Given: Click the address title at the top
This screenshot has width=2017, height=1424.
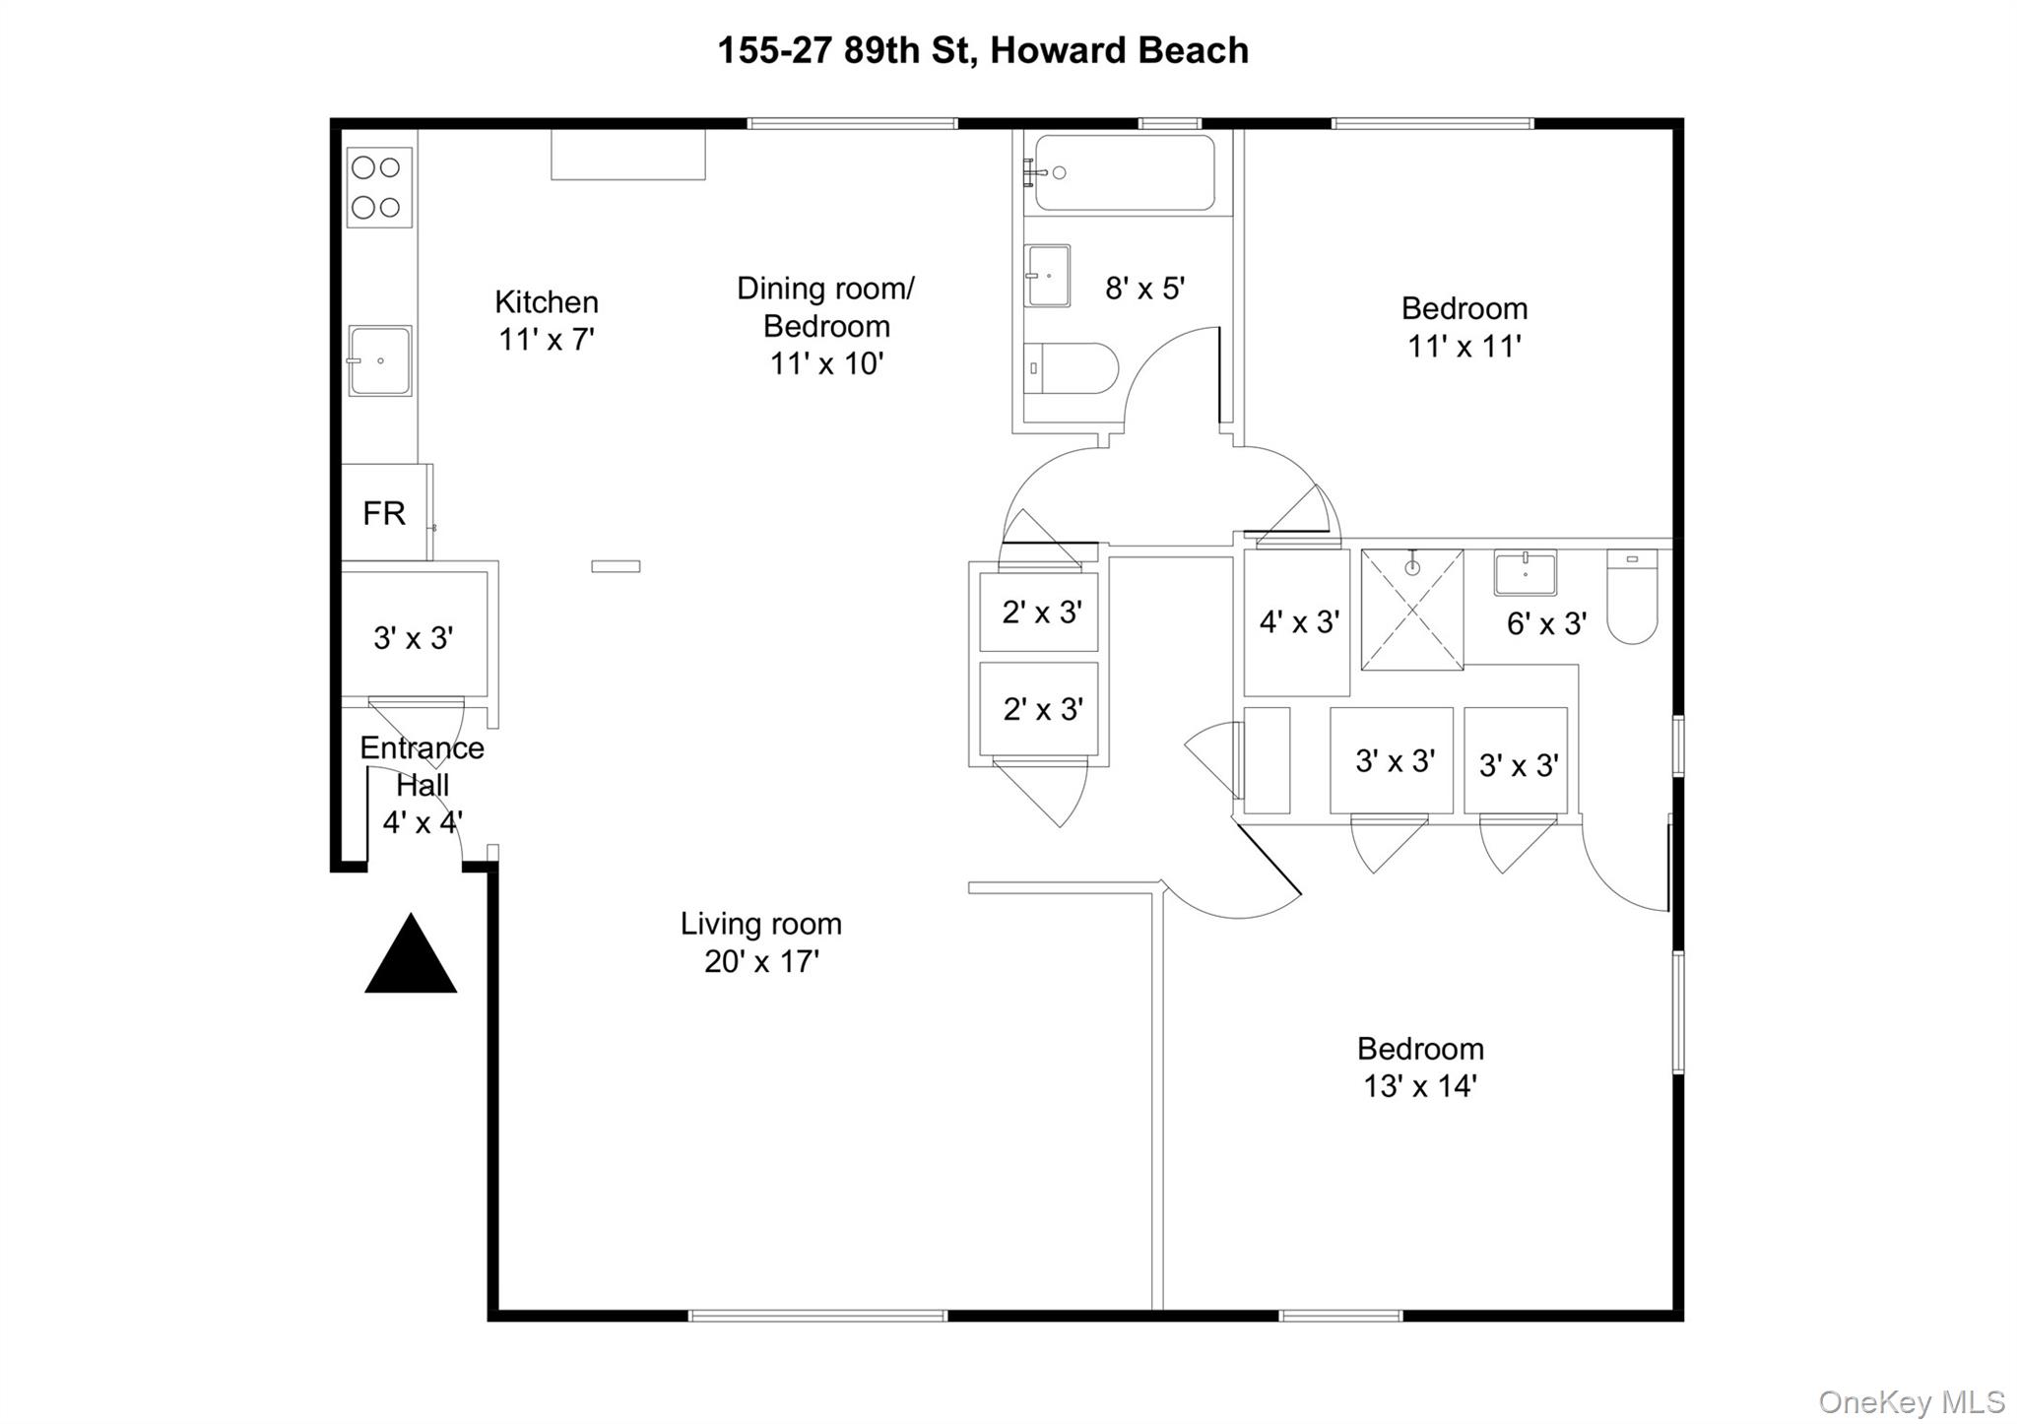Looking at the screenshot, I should pyautogui.click(x=982, y=51).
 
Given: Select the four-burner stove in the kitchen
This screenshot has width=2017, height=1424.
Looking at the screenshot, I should pyautogui.click(x=379, y=188).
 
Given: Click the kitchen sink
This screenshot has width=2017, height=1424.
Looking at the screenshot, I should pyautogui.click(x=379, y=360).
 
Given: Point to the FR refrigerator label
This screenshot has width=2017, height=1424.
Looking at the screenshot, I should pyautogui.click(x=383, y=513).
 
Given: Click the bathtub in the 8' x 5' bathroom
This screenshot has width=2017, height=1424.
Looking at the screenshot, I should pyautogui.click(x=1124, y=173).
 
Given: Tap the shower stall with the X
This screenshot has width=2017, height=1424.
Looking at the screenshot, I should pyautogui.click(x=1411, y=611).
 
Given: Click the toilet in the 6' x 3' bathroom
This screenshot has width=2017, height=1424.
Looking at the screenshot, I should pyautogui.click(x=1632, y=596).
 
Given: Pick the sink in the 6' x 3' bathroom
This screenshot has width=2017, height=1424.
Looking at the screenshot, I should pyautogui.click(x=1525, y=572).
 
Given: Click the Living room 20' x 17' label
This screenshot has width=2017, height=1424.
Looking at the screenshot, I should pyautogui.click(x=761, y=942).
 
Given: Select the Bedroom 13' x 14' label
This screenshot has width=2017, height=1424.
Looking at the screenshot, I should pyautogui.click(x=1420, y=1067).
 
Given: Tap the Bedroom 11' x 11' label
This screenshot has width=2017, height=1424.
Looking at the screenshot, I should pyautogui.click(x=1464, y=327).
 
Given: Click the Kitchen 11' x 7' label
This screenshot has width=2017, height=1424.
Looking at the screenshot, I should pyautogui.click(x=547, y=320).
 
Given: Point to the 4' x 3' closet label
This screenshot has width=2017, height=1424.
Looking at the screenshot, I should pyautogui.click(x=1299, y=622).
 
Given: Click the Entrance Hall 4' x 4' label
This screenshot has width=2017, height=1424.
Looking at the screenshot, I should pyautogui.click(x=423, y=785).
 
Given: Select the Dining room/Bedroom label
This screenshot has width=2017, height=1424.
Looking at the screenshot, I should pyautogui.click(x=825, y=325).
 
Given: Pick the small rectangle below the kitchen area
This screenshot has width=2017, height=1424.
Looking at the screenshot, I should pyautogui.click(x=616, y=566).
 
